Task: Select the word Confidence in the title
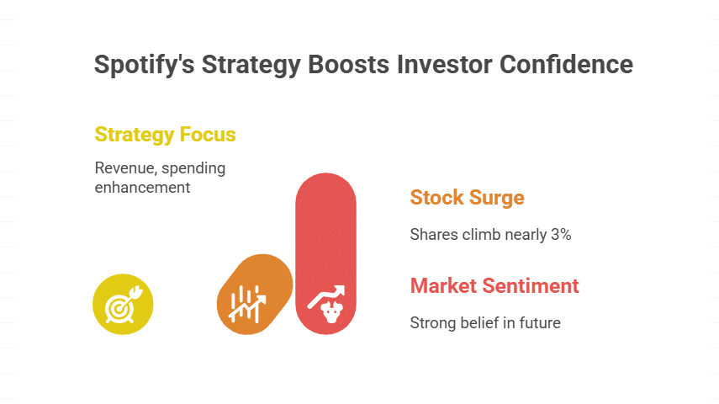570,65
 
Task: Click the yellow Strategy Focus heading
165,135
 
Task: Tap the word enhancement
142,187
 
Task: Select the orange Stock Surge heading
467,198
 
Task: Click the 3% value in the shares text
561,235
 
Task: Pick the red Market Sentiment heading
494,285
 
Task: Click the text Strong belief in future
485,322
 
